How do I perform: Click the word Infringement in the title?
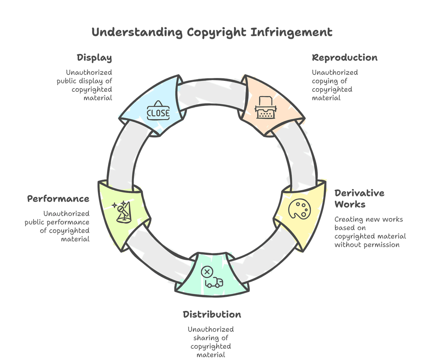291,33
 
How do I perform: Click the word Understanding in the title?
137,33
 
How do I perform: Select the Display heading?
94,58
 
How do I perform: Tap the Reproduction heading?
344,58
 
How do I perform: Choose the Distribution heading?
212,314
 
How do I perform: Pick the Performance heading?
58,199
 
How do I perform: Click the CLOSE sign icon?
158,112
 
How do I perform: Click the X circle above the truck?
207,272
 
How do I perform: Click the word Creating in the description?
348,219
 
